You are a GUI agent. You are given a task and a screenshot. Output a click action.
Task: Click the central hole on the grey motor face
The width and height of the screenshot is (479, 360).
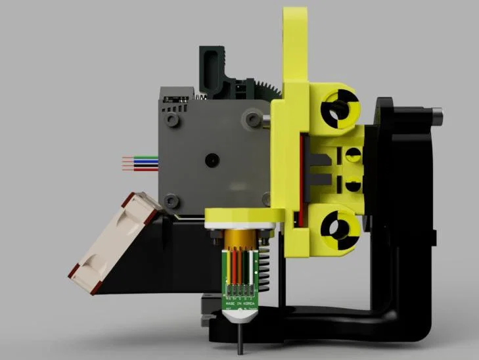[212, 160]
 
